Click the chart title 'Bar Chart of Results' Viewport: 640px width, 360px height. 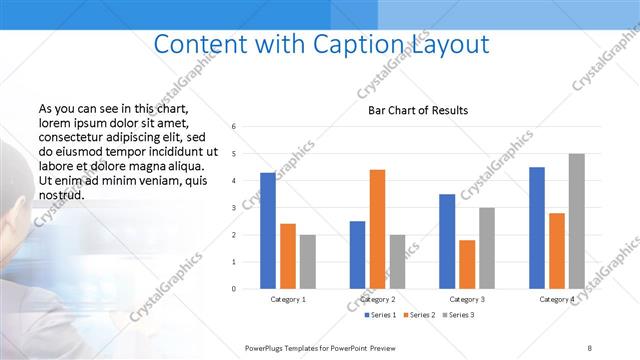coord(412,110)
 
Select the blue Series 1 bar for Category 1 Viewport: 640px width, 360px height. coord(267,231)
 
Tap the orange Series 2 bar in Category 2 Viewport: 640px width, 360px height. coord(377,229)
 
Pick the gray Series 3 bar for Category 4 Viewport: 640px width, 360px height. coord(576,221)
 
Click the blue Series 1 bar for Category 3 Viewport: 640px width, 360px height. coord(447,241)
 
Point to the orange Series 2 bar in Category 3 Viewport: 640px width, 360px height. coord(467,264)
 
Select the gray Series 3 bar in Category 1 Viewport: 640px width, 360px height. coord(307,262)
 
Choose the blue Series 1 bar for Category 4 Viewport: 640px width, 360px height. coord(537,228)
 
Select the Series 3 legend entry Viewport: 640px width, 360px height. coord(456,315)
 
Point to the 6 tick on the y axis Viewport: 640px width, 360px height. coord(233,127)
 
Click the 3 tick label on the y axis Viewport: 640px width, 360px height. coord(233,208)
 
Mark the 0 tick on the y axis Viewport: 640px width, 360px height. coord(233,289)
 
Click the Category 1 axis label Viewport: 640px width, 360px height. coord(288,299)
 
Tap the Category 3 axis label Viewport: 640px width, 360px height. coord(467,299)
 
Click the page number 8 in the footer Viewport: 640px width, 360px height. coord(589,347)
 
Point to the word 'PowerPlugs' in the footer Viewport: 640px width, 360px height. coord(265,347)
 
